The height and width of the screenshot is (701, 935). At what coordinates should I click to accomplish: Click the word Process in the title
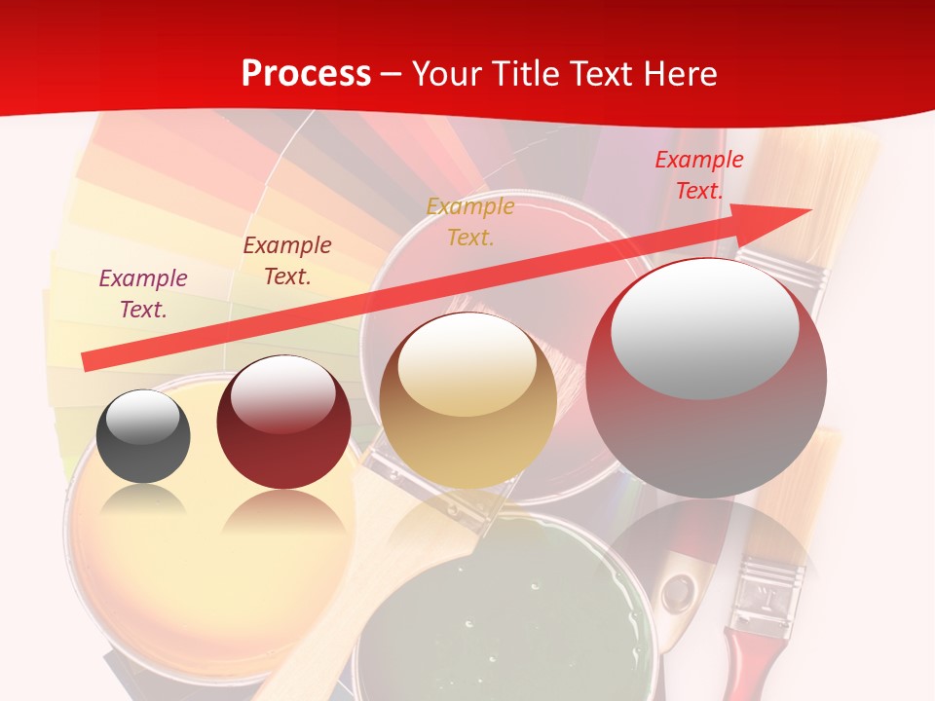(x=306, y=74)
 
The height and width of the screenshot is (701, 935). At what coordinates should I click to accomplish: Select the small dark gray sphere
(x=143, y=436)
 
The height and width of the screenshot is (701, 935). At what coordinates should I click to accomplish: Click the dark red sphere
(x=283, y=423)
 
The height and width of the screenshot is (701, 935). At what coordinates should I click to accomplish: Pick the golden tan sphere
(x=467, y=399)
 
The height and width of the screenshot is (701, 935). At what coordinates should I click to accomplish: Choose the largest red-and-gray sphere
(x=706, y=378)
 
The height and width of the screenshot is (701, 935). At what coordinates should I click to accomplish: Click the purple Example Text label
(x=143, y=294)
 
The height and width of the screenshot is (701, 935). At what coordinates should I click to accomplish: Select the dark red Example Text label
(x=286, y=261)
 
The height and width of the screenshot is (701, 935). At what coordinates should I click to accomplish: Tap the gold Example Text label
(x=469, y=221)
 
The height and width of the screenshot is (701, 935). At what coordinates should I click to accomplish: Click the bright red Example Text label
(x=698, y=175)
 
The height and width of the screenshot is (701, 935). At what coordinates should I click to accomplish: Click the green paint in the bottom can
(x=477, y=623)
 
